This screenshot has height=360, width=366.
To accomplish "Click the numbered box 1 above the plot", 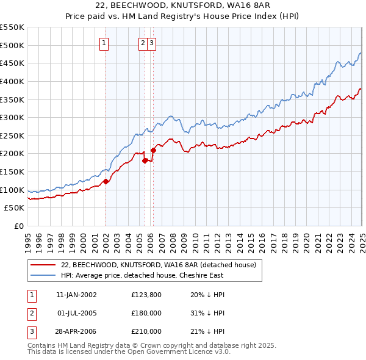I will (105, 43).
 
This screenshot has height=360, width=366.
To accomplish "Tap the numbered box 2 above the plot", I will (143, 43).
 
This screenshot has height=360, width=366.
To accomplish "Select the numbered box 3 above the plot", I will (151, 43).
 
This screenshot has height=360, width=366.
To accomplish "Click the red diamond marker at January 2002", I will (106, 181).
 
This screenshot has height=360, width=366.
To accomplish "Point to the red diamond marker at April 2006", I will (153, 149).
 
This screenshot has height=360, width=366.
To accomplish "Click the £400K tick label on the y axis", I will (13, 81).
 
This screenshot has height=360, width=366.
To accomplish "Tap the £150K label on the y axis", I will (13, 171).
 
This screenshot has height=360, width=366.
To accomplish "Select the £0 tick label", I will (18, 226).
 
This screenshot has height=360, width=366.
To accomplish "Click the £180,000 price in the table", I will (146, 313).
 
